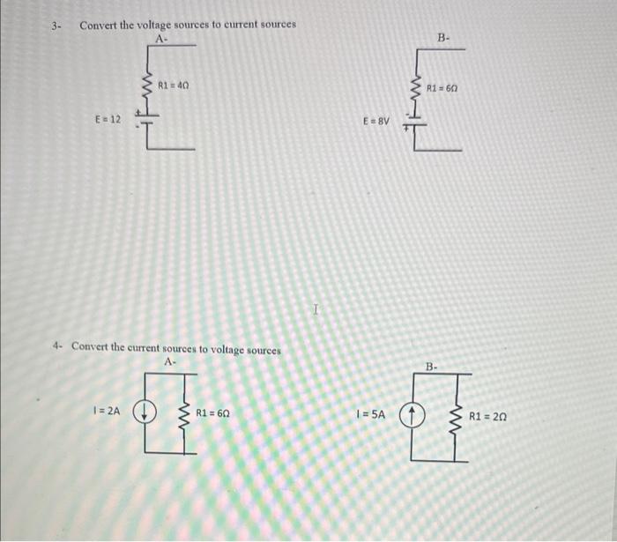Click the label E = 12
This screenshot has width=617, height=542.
point(108,118)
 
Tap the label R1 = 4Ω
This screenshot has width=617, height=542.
point(172,85)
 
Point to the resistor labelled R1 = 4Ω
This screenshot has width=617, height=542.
point(146,86)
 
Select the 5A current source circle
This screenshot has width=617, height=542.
point(413,415)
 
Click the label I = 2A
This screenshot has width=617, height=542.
point(107,412)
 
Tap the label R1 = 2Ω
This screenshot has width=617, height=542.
point(487,415)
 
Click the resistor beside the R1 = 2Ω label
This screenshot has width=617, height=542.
point(456,415)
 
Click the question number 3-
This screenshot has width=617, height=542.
point(56,25)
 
